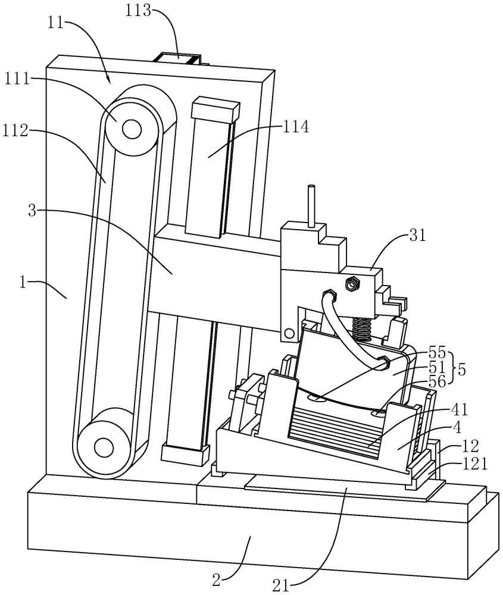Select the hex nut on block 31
(351, 284)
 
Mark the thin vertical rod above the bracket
(310, 205)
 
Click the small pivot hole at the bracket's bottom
(289, 332)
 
